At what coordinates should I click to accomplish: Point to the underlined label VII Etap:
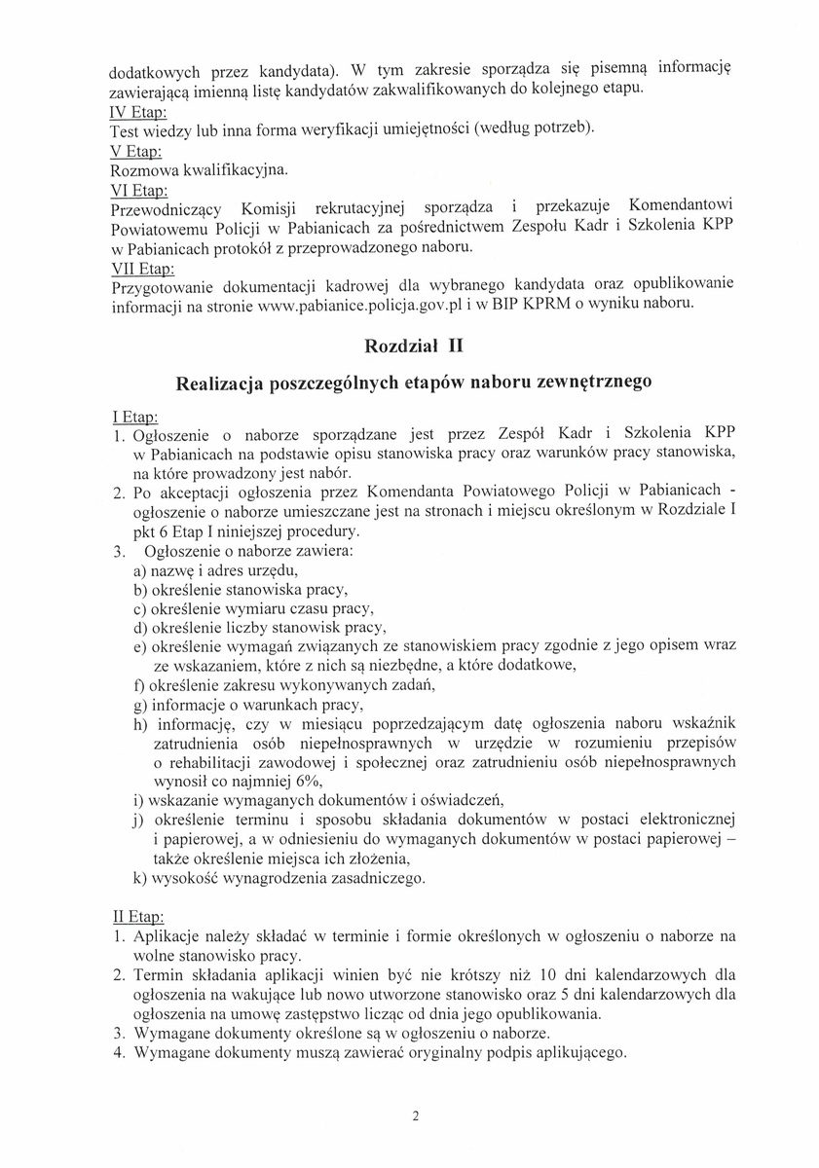tap(144, 266)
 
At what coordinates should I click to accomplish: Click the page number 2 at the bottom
tap(416, 1116)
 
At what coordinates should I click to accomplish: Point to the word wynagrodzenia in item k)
tap(266, 878)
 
